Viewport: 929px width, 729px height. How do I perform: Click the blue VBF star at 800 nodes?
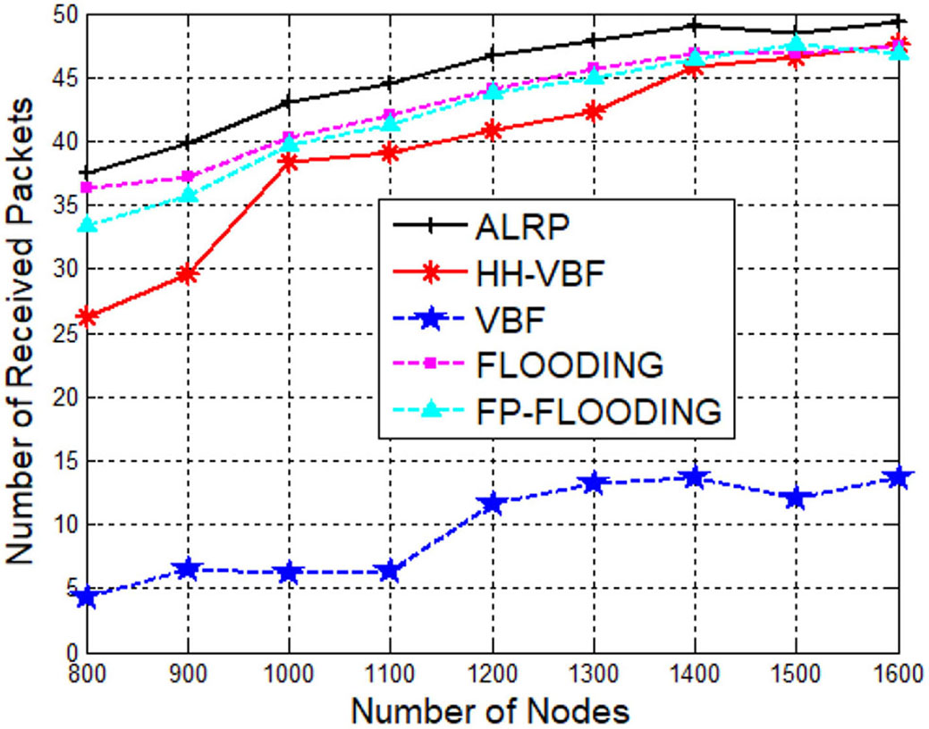click(x=87, y=597)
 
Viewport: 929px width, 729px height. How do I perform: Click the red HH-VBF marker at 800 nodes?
click(x=87, y=317)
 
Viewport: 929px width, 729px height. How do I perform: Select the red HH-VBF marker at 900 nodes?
click(x=188, y=274)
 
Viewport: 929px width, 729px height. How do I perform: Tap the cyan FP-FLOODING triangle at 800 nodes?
click(x=87, y=225)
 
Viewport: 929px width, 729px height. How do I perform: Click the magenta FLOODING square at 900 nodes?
click(x=188, y=177)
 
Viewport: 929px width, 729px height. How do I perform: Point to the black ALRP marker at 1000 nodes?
click(x=289, y=102)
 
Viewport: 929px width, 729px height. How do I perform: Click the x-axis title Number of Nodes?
click(x=490, y=711)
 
